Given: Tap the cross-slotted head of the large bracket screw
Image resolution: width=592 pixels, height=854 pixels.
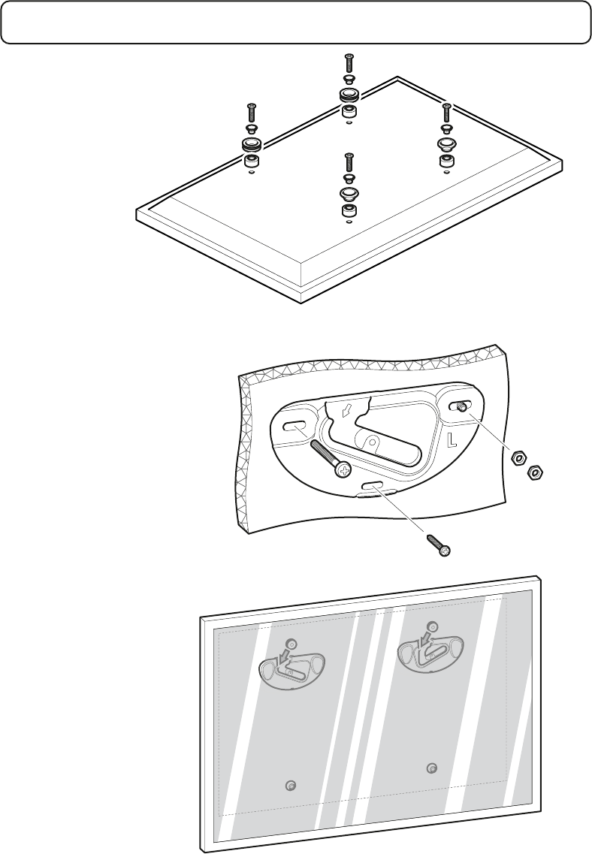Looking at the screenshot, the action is click(343, 471).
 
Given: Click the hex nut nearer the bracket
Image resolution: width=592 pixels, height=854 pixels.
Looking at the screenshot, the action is click(517, 458).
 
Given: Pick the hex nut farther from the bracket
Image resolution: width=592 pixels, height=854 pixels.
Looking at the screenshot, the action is click(536, 472).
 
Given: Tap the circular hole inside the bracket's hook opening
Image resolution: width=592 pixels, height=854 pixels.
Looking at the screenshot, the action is click(370, 442).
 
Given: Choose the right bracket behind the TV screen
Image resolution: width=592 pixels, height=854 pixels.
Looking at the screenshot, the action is click(432, 646).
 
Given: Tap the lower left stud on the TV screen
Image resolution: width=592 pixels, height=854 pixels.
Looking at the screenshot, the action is click(292, 785).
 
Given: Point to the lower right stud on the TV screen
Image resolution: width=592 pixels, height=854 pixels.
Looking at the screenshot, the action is click(431, 768).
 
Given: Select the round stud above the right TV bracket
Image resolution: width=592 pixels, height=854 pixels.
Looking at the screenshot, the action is click(431, 626).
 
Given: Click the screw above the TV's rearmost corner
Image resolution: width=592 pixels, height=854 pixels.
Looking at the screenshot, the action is click(348, 63).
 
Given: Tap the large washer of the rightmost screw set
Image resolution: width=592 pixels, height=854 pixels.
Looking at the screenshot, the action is click(446, 143).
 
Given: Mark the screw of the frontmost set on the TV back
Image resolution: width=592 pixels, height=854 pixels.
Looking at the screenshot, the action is click(348, 162).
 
